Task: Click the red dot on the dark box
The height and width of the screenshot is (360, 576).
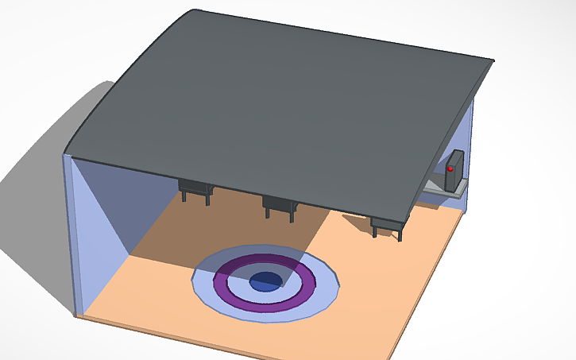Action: click(x=450, y=168)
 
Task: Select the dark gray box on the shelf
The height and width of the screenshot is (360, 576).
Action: click(x=455, y=172)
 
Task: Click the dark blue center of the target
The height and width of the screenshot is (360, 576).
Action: click(x=265, y=280)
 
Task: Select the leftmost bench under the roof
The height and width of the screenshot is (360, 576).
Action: click(x=195, y=188)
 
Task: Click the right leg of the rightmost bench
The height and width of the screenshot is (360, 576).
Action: click(x=402, y=234)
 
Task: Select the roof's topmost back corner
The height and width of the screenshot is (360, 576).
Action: click(x=195, y=10)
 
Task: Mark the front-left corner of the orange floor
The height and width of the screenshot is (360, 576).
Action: click(x=84, y=315)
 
